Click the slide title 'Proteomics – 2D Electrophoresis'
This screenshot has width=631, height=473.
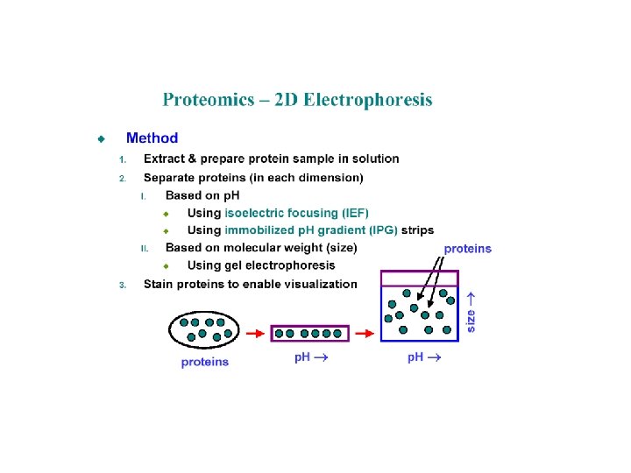click(x=297, y=100)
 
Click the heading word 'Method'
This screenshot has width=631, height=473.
click(x=152, y=138)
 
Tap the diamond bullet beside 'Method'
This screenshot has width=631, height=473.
click(x=102, y=138)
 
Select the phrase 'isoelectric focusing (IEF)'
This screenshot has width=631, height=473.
click(x=297, y=213)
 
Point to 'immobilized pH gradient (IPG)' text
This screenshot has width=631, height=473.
click(x=311, y=230)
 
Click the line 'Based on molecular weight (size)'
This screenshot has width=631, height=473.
click(x=261, y=248)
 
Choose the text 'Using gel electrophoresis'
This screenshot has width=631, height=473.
click(x=261, y=265)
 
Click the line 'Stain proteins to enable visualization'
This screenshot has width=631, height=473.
click(x=250, y=284)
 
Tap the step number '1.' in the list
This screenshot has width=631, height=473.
click(x=124, y=159)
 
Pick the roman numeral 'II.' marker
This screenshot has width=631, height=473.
click(x=146, y=249)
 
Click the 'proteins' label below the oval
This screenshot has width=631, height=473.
click(x=205, y=362)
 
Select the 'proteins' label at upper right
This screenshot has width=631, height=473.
click(x=468, y=249)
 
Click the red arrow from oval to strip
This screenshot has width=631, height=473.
click(x=254, y=333)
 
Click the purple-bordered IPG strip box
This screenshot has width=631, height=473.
click(x=309, y=333)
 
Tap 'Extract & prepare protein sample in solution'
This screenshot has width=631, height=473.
click(x=271, y=159)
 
